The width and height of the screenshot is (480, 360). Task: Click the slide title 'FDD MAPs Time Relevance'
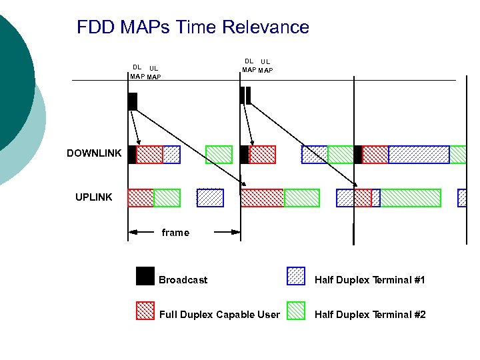(x=193, y=27)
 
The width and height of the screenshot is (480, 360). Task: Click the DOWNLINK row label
(x=94, y=153)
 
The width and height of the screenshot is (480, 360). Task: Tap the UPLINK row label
(x=93, y=197)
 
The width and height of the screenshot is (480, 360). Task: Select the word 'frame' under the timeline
(x=175, y=233)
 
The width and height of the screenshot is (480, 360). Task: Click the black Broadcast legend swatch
(x=145, y=276)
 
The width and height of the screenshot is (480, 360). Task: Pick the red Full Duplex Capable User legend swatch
(x=145, y=311)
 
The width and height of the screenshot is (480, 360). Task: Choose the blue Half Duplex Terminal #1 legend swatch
(x=295, y=276)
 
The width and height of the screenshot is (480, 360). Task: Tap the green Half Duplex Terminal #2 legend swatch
(x=295, y=311)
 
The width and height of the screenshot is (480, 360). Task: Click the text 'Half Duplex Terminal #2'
(x=370, y=315)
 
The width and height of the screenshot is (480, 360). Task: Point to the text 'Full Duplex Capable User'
(x=219, y=315)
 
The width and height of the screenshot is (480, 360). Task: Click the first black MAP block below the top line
(x=132, y=101)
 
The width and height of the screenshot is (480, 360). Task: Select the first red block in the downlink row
(x=149, y=155)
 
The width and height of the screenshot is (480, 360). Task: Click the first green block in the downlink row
(x=219, y=155)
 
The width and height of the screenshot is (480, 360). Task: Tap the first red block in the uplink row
(x=141, y=198)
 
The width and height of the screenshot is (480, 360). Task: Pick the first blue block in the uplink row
(x=210, y=198)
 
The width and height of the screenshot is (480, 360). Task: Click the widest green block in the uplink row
(x=410, y=198)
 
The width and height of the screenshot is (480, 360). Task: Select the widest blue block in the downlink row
(x=419, y=155)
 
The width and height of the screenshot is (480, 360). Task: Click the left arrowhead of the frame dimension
(x=133, y=232)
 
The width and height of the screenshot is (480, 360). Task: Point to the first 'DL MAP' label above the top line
(x=137, y=71)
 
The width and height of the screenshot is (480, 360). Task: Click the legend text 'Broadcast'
(x=183, y=280)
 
